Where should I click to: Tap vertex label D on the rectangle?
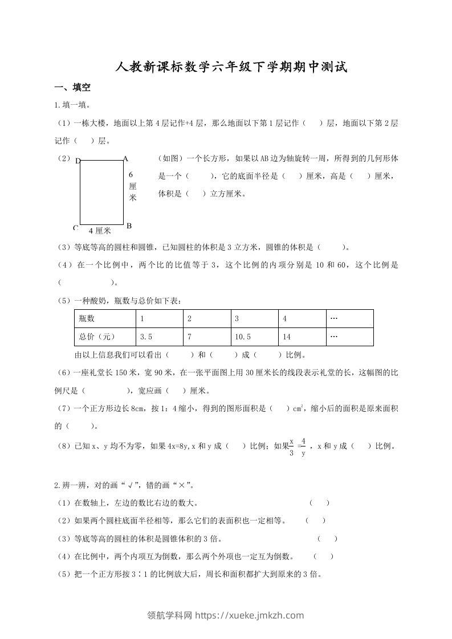pyautogui.click(x=78, y=161)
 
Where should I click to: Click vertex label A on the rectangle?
pyautogui.click(x=125, y=159)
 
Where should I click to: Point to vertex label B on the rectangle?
pyautogui.click(x=129, y=226)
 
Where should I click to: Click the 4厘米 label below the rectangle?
pyautogui.click(x=100, y=231)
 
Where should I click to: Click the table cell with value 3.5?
pyautogui.click(x=146, y=337)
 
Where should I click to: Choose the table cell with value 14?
pyautogui.click(x=287, y=337)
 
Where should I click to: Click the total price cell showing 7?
pyautogui.click(x=189, y=337)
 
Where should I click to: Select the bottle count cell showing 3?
pyautogui.click(x=237, y=319)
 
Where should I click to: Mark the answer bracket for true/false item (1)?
pyautogui.click(x=319, y=503)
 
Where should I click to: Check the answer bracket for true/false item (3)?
pyautogui.click(x=327, y=538)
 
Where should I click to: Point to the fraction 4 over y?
pyautogui.click(x=303, y=447)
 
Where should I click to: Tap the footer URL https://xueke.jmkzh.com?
pyautogui.click(x=250, y=615)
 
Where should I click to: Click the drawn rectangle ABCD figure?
pyautogui.click(x=101, y=192)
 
